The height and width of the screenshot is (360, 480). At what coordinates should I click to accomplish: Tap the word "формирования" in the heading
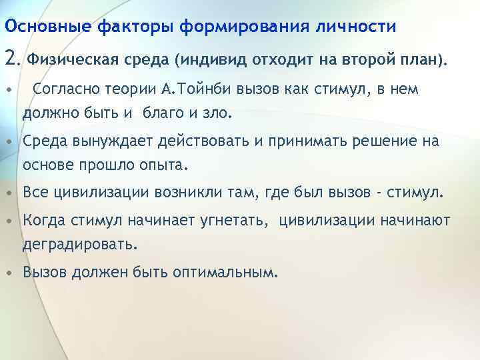(229, 27)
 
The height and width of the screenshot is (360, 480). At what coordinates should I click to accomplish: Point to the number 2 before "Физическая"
(11, 60)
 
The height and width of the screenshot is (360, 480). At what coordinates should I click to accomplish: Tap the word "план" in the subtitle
(419, 61)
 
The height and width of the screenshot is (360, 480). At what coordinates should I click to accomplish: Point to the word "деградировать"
(79, 245)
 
